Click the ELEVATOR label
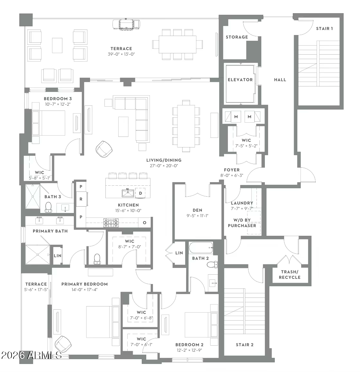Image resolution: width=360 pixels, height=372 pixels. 240,80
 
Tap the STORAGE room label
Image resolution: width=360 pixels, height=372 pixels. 237,37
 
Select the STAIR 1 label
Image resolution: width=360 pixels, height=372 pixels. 324,29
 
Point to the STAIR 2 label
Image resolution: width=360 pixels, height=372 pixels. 245,345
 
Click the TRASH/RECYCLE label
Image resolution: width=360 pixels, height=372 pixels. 290,275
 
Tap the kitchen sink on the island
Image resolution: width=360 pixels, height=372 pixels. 128,193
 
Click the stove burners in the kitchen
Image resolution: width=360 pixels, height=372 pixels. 111,223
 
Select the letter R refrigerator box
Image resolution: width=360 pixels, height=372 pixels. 81,199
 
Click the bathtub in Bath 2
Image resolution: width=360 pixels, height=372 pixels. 201,248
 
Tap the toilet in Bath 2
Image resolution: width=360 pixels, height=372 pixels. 212,265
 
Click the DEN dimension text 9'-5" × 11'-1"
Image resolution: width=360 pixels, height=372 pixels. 198,216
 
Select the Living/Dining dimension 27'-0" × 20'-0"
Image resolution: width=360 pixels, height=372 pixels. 164,166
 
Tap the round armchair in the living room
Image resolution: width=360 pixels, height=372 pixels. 104,149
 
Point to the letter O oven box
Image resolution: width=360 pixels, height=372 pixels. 145,223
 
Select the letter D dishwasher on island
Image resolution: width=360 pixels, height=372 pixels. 140,193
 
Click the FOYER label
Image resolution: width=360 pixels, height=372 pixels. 232,170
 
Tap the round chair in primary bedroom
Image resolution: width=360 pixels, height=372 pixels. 63,344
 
